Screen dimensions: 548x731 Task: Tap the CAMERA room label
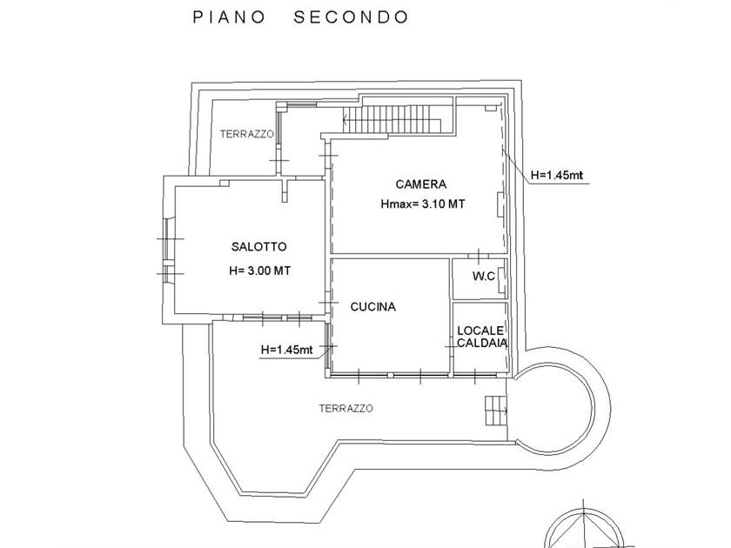[421, 184]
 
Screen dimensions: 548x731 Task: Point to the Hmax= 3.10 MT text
[422, 206]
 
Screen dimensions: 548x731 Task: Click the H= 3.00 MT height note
[259, 271]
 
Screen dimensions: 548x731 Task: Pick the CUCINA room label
[373, 307]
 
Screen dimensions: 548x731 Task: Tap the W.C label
[484, 277]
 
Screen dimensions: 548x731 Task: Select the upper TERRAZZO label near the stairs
[247, 134]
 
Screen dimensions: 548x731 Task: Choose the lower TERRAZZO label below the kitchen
[346, 408]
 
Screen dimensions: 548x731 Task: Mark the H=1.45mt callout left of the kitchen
[286, 350]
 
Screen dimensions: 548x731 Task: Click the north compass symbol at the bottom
[614, 527]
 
